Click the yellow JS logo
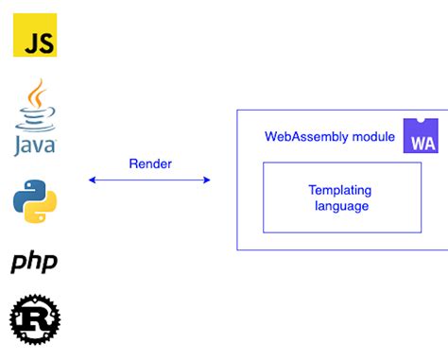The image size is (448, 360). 35,36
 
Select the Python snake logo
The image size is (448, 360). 35,199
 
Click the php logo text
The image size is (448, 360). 35,262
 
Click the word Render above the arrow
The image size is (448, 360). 149,163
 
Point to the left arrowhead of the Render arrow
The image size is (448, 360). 91,180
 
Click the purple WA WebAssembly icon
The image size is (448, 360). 421,136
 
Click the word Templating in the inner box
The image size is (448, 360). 341,189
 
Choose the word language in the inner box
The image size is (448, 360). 341,205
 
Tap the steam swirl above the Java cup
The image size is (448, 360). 37,94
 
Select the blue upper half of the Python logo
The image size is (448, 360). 29,192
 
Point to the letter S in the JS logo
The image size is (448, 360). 43,43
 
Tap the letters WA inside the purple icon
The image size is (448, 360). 421,143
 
